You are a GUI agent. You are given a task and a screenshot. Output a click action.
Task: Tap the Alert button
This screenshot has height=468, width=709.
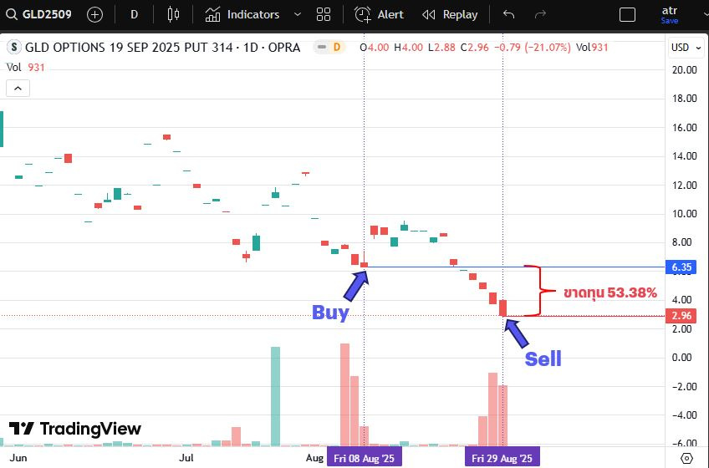pyautogui.click(x=380, y=14)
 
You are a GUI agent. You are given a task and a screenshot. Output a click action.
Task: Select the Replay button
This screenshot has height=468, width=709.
pyautogui.click(x=450, y=14)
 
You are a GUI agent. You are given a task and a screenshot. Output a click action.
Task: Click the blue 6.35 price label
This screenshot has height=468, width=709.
pyautogui.click(x=681, y=267)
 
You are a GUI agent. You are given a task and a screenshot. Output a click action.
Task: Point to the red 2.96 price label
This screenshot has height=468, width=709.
pyautogui.click(x=681, y=316)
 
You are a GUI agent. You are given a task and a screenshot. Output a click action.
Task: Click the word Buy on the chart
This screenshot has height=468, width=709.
pyautogui.click(x=330, y=313)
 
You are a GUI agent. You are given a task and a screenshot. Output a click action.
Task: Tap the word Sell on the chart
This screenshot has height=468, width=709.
pyautogui.click(x=543, y=359)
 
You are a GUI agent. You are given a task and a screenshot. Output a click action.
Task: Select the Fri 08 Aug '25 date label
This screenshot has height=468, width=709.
pyautogui.click(x=364, y=458)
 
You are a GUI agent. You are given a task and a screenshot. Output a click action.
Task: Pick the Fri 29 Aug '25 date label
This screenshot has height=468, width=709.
pyautogui.click(x=502, y=458)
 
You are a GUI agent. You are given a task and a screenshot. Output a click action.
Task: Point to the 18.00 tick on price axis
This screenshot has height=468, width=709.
pyautogui.click(x=684, y=99)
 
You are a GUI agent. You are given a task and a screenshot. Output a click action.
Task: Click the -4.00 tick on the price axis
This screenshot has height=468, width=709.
pyautogui.click(x=684, y=415)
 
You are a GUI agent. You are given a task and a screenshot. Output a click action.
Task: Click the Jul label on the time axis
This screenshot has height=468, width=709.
pyautogui.click(x=186, y=458)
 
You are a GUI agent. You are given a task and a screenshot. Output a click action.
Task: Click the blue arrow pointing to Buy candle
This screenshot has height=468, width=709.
pyautogui.click(x=354, y=285)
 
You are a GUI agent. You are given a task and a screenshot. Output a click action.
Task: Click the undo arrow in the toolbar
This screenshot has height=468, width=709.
pyautogui.click(x=508, y=14)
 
